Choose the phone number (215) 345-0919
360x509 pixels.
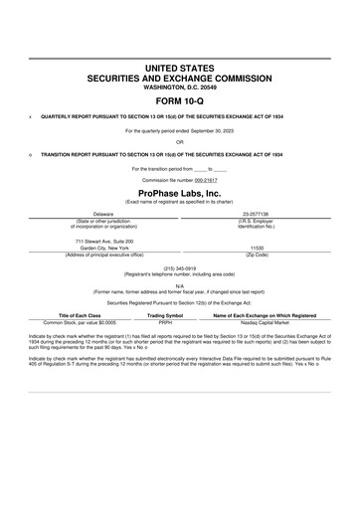click(179, 267)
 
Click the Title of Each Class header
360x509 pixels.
click(75, 315)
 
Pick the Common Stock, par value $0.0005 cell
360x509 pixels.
click(75, 323)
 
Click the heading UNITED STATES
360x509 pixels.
click(179, 67)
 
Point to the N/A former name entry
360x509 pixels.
click(179, 284)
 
